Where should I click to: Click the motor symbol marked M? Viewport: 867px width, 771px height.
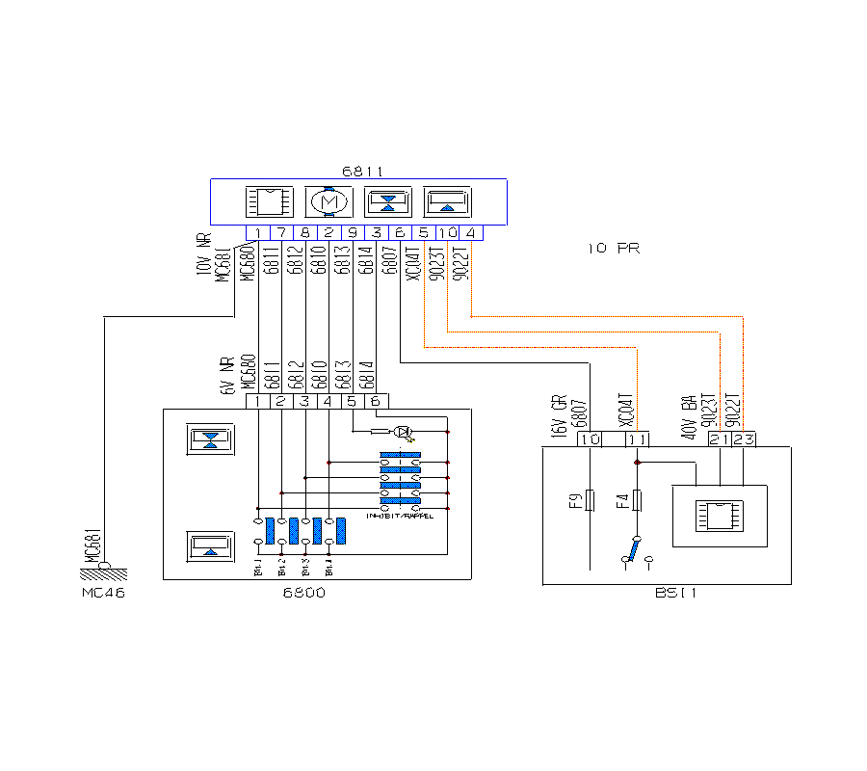click(x=329, y=202)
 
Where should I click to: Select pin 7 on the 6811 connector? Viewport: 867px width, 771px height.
click(x=281, y=232)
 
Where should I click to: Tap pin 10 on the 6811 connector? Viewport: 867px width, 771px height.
click(x=447, y=232)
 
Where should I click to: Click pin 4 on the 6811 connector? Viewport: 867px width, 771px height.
click(x=470, y=232)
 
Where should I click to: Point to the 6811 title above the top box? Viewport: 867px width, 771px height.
click(x=362, y=172)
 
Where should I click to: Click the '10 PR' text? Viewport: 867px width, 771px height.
click(x=614, y=249)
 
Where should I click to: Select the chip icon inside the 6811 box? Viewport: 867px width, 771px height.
click(x=269, y=202)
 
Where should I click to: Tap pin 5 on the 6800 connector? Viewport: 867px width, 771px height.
click(x=353, y=401)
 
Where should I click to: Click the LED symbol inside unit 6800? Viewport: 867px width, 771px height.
click(x=406, y=431)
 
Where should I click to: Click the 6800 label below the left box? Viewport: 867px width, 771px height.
click(x=305, y=593)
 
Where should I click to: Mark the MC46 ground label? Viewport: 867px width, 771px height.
click(x=103, y=593)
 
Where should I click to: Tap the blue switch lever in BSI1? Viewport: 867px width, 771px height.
click(x=632, y=551)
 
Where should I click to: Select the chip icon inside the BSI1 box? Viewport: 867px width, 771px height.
click(x=721, y=515)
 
